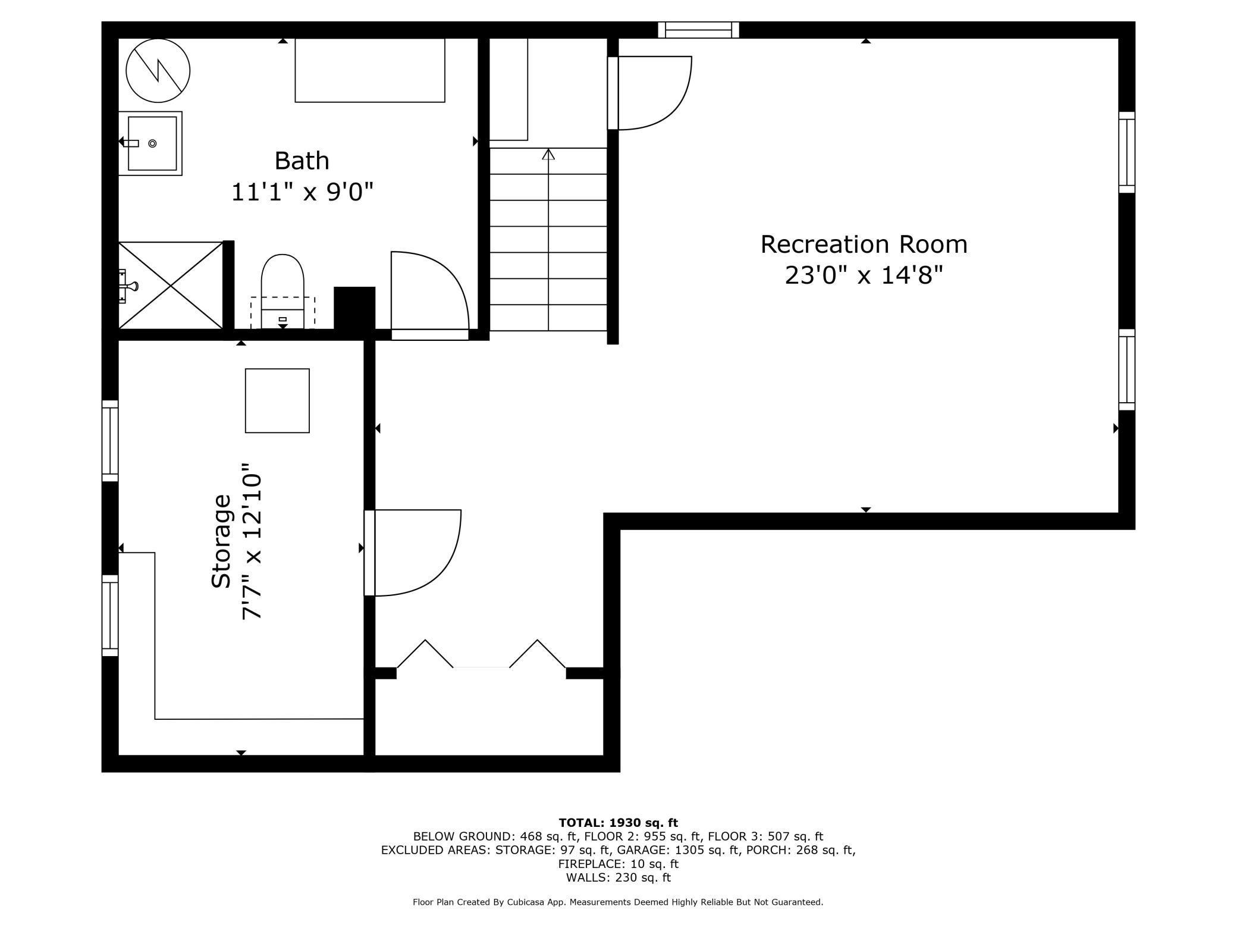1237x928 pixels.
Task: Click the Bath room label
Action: [x=302, y=161]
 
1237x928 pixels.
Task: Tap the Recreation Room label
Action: [x=864, y=244]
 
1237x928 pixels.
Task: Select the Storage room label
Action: [x=221, y=541]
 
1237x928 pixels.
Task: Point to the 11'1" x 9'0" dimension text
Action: [x=302, y=192]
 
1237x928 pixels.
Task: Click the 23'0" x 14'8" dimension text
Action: [x=864, y=275]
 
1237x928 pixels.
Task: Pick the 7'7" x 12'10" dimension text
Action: [x=252, y=541]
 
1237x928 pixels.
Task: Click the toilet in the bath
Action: [x=282, y=291]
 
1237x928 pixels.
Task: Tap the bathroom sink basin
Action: [x=152, y=143]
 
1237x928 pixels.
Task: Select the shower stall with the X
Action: [x=170, y=286]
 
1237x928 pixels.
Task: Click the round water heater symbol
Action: [x=158, y=70]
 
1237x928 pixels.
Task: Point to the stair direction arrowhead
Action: [x=548, y=154]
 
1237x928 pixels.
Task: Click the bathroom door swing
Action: [x=429, y=294]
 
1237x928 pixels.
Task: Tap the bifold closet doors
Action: [x=481, y=654]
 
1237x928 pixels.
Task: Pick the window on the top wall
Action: [x=699, y=30]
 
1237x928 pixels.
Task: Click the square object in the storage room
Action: [x=277, y=400]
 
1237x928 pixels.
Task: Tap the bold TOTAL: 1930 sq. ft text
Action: [x=618, y=823]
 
